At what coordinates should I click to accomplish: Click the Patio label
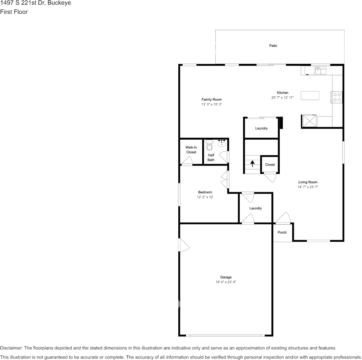(273, 46)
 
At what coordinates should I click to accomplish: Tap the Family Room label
(211, 100)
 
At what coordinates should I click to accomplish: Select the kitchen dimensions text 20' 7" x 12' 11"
(282, 98)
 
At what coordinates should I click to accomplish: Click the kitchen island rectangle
(310, 95)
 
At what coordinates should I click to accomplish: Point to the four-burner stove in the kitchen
(337, 97)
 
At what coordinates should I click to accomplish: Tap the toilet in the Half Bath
(209, 146)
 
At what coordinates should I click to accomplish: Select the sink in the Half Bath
(221, 143)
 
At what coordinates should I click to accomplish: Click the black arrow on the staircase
(252, 164)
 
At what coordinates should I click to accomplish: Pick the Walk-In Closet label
(191, 150)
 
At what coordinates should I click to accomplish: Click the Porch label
(282, 233)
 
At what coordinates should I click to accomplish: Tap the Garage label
(226, 277)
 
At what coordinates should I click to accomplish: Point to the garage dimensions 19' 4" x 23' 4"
(226, 282)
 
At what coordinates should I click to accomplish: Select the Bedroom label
(205, 192)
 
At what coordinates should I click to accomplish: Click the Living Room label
(308, 182)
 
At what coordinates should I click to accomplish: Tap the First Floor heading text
(14, 12)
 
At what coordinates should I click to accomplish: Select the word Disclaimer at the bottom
(11, 348)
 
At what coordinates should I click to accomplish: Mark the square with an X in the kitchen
(309, 121)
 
